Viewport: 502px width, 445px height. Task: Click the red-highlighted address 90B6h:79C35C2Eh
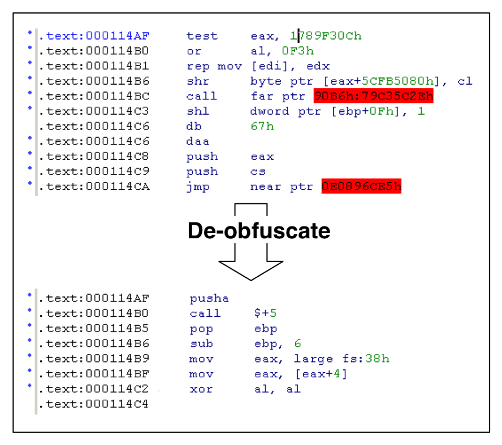click(373, 95)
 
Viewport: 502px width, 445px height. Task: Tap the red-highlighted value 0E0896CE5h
click(361, 186)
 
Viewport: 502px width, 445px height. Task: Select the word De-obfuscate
click(259, 230)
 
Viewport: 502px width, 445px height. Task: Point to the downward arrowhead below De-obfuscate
click(250, 271)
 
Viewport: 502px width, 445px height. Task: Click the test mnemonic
click(202, 36)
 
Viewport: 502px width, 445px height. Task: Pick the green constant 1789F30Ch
click(326, 36)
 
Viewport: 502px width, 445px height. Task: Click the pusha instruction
click(209, 299)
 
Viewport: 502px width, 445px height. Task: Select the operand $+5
click(265, 313)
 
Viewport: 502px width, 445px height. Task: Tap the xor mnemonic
click(201, 389)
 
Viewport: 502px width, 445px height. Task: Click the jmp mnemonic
click(198, 186)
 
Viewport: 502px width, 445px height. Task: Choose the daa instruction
click(197, 141)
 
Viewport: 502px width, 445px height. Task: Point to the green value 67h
click(262, 126)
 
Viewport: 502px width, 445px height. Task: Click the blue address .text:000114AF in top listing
click(94, 36)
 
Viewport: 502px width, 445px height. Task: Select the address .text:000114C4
click(93, 404)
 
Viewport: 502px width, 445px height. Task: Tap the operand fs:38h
click(366, 359)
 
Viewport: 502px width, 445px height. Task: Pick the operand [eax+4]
click(321, 374)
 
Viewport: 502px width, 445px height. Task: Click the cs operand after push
click(258, 172)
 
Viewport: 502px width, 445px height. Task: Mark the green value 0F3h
click(298, 51)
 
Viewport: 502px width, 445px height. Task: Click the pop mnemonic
click(201, 329)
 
